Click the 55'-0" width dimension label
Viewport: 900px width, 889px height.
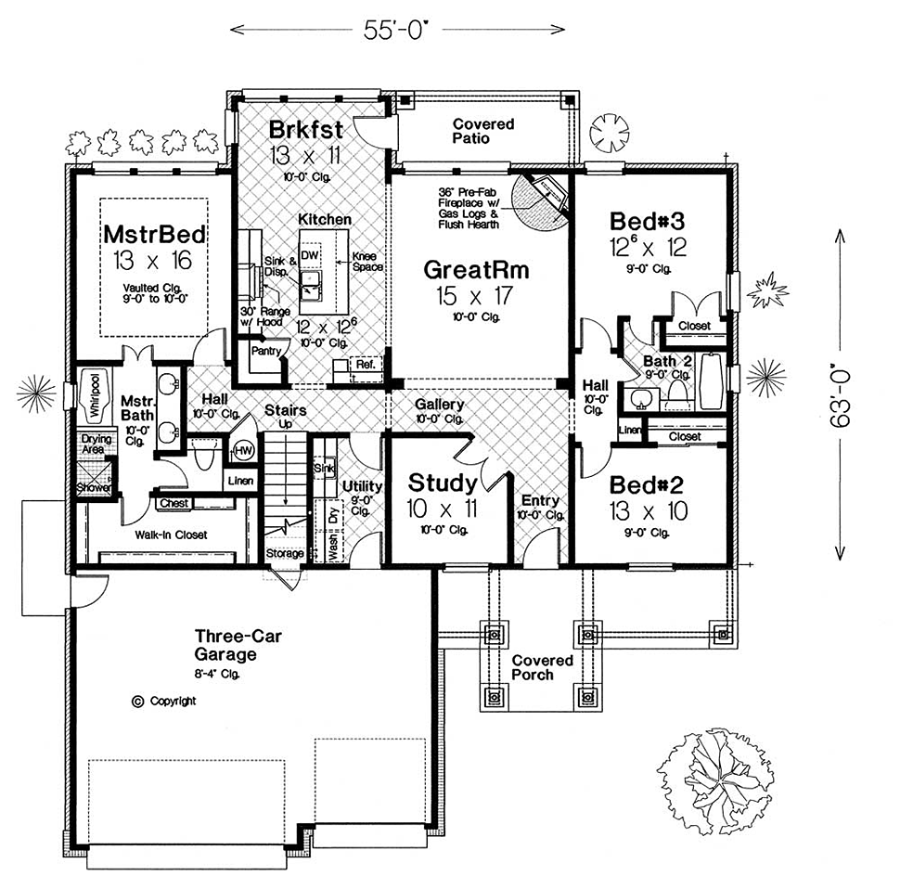tap(396, 30)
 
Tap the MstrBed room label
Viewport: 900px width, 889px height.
tap(154, 235)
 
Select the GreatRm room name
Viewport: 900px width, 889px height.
tap(476, 270)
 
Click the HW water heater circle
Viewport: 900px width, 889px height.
tap(244, 450)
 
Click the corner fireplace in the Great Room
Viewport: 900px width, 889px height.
tap(541, 200)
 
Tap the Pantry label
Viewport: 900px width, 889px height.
tap(265, 351)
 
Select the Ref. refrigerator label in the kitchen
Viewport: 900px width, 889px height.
tap(365, 365)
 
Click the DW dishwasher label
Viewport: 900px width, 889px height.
tap(309, 255)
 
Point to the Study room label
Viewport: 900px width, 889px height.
tap(443, 483)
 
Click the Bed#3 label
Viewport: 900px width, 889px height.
tap(647, 221)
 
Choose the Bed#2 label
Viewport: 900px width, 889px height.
tap(647, 485)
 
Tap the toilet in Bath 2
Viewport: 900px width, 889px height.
tap(679, 396)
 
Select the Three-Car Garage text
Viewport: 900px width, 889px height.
tap(238, 645)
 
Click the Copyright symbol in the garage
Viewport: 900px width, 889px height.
tap(137, 702)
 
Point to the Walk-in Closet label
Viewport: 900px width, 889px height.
tap(171, 535)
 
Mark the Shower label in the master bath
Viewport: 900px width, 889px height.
tap(95, 488)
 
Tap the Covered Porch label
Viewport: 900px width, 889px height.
tap(543, 667)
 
